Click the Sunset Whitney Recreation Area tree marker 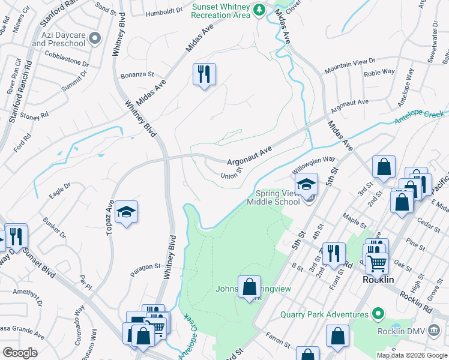coord(259,10)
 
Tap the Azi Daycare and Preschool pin coord(95,39)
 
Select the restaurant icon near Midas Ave coord(204,74)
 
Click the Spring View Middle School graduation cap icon coord(307,184)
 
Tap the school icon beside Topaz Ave coord(126,212)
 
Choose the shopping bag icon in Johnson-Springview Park coord(249,287)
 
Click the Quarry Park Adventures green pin coord(377,314)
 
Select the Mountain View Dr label coord(349,66)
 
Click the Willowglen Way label coord(313,164)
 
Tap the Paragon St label coord(146,266)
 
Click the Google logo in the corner coord(20,353)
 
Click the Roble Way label coord(379,72)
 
